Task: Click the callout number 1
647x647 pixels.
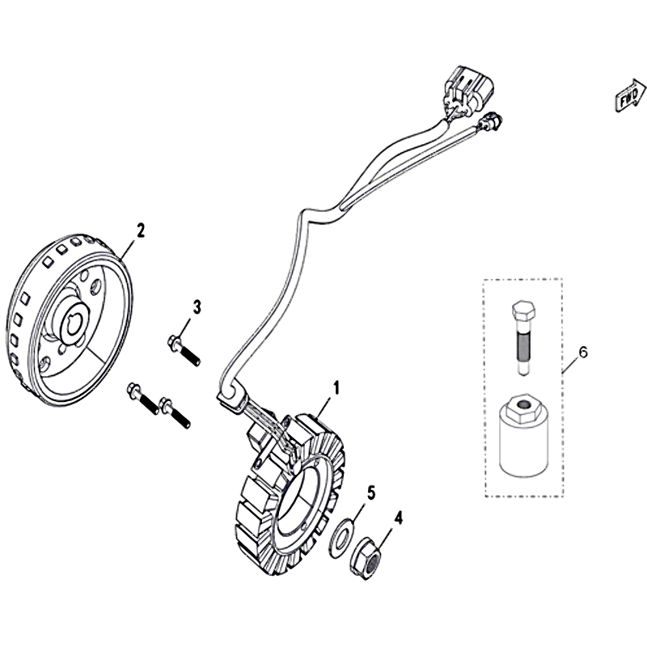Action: coord(336,388)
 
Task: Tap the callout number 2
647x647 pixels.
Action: coord(141,230)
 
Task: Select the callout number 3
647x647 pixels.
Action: coord(197,307)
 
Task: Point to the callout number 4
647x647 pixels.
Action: coord(398,518)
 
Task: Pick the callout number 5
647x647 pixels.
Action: coord(371,493)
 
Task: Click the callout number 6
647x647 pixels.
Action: coord(582,353)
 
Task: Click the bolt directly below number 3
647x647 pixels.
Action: coord(184,350)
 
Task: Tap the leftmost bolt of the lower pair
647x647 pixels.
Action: coord(143,399)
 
